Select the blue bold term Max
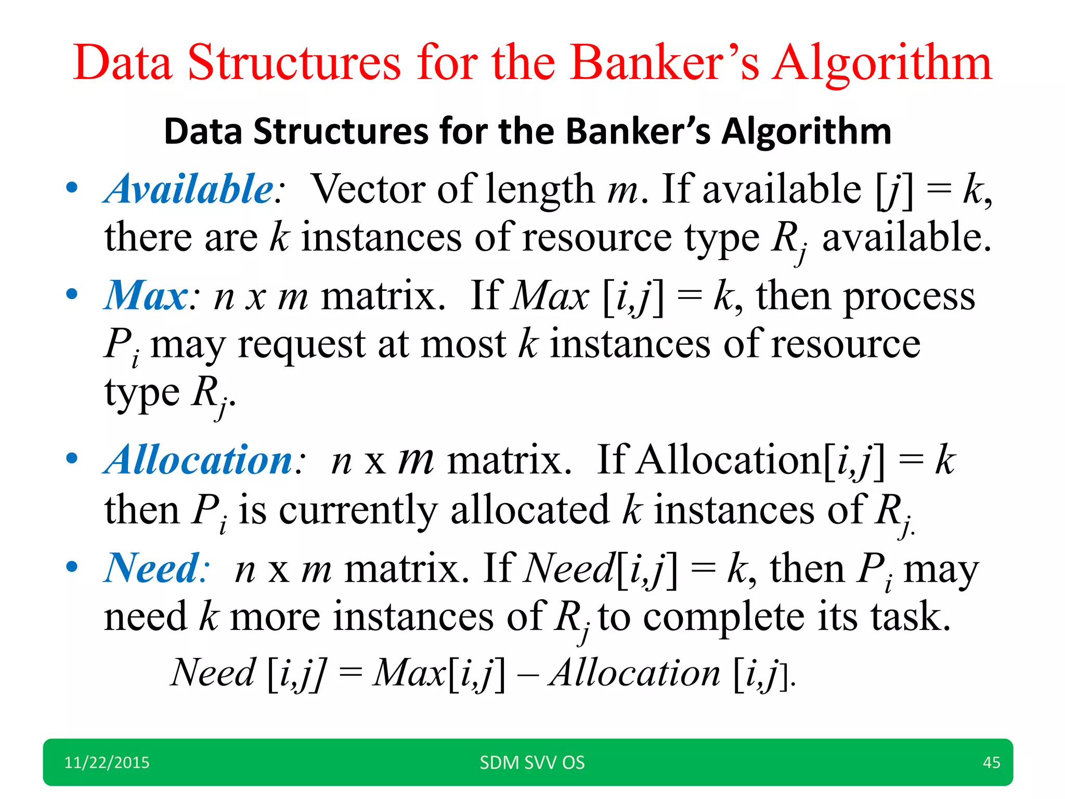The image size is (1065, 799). tap(146, 295)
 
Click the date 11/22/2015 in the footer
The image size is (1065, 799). tap(107, 763)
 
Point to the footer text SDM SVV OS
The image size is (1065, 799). tap(532, 763)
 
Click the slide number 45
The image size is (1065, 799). tap(991, 763)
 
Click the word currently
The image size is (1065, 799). tap(358, 510)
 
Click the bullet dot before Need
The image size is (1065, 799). tap(72, 566)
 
